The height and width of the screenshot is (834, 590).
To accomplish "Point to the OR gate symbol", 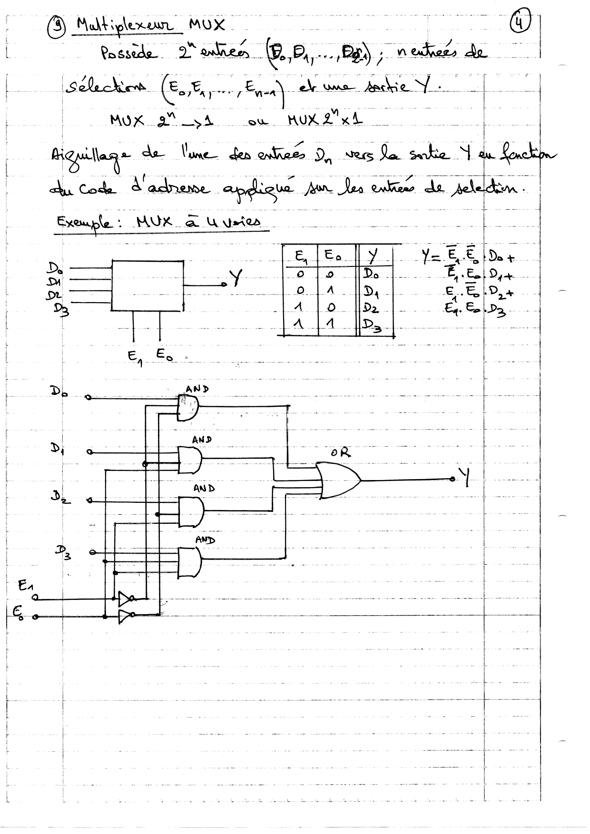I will coord(339,480).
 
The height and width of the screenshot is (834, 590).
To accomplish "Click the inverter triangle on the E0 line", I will coord(125,617).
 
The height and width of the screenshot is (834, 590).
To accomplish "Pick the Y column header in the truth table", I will coord(373,257).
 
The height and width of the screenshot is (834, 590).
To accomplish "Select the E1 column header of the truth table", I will coord(301,257).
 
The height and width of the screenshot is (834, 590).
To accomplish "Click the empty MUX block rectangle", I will coord(147,285).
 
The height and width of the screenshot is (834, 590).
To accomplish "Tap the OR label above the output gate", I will coord(341,452).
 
